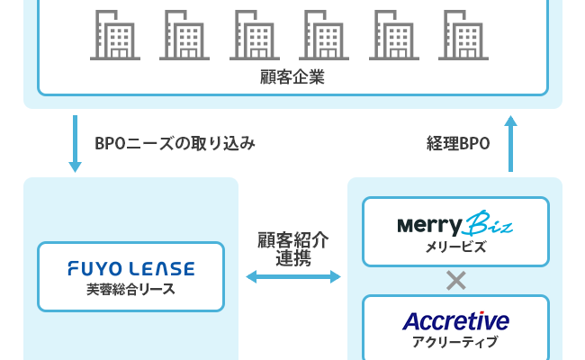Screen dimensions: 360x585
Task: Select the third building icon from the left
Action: point(254,35)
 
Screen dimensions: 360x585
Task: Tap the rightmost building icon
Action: point(464,35)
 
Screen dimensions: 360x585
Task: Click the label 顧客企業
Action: point(292,77)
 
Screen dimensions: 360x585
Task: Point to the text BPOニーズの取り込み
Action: point(175,143)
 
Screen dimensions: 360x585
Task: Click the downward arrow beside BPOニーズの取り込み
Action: point(76,144)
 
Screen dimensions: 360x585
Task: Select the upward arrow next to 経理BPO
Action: point(510,143)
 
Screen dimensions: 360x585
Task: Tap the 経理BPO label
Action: point(457,143)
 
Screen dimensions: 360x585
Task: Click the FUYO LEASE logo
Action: point(130,269)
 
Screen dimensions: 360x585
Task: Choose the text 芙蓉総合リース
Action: point(130,289)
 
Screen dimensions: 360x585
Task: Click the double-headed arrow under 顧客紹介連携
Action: point(292,277)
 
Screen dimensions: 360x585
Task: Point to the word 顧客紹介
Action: point(292,240)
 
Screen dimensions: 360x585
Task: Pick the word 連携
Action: point(292,257)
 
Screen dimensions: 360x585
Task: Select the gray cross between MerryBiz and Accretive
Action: point(455,281)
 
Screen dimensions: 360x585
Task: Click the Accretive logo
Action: point(455,320)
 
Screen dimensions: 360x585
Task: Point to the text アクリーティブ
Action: point(455,342)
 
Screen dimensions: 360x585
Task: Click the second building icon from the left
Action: point(184,35)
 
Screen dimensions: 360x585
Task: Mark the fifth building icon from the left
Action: point(394,35)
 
